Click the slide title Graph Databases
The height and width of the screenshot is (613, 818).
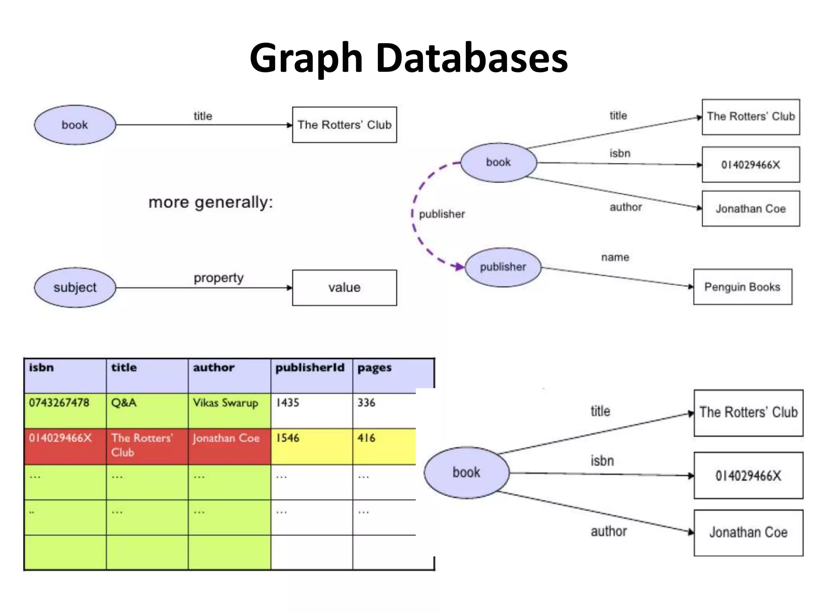(408, 58)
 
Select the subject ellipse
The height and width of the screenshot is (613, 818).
(75, 287)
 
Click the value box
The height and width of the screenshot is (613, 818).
(344, 288)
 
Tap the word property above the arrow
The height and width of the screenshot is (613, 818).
(218, 278)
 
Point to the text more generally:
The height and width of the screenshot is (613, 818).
(211, 202)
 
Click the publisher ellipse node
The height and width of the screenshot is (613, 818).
(503, 267)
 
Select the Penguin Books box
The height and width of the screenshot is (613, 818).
(743, 287)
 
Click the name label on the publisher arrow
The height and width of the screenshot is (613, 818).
(615, 257)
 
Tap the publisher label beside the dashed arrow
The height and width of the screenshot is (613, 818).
(442, 214)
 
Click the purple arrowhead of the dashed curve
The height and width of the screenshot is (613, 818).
(459, 266)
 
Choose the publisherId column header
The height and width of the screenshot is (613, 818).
(310, 368)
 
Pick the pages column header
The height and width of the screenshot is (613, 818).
(374, 368)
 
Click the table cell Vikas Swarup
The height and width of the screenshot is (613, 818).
(226, 403)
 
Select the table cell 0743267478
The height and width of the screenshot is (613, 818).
(59, 403)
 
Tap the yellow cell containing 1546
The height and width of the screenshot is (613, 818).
(288, 438)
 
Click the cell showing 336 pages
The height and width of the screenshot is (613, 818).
(366, 403)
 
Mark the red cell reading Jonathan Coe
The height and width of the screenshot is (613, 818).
(226, 438)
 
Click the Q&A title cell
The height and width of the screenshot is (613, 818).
(124, 403)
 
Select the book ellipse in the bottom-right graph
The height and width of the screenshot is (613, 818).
(466, 473)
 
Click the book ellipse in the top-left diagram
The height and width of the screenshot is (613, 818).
(75, 125)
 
